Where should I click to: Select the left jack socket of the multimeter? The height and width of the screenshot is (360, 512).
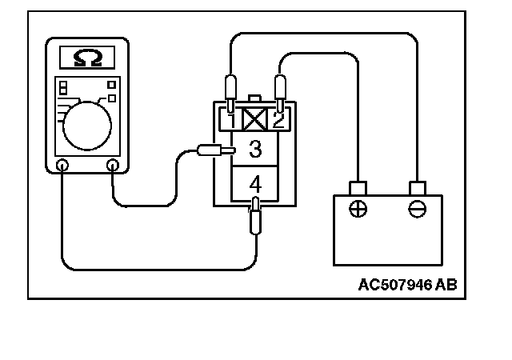tap(63, 166)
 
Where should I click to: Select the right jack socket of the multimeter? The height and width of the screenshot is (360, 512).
tap(113, 166)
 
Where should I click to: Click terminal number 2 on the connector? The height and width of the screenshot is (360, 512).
tap(277, 121)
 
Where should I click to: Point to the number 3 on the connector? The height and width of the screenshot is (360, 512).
tap(254, 149)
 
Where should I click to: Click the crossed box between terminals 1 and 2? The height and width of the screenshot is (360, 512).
tap(254, 121)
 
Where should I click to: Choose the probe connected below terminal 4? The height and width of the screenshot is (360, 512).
tap(254, 217)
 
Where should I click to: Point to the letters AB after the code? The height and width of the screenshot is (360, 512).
tap(446, 284)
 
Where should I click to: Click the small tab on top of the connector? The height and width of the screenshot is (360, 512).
tap(254, 98)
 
